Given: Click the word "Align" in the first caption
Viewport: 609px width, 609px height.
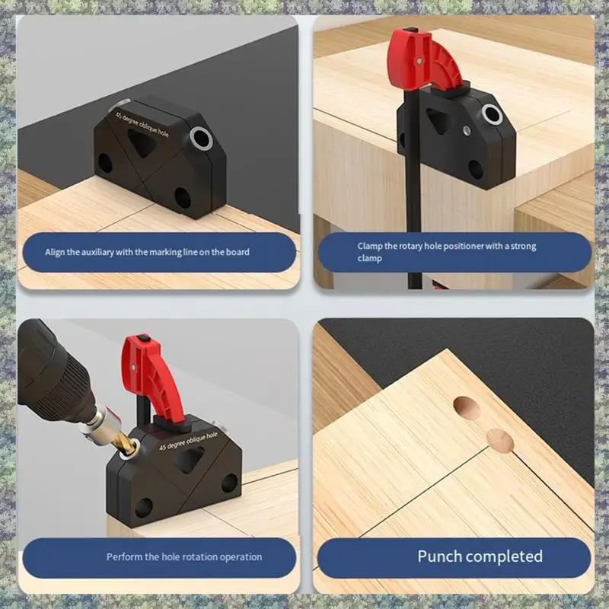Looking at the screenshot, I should click(57, 252).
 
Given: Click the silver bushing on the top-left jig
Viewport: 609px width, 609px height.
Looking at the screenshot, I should click(202, 137).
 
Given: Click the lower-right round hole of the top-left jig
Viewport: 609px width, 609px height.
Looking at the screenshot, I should click(183, 197).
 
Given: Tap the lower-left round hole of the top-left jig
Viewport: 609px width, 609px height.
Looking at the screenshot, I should click(105, 163).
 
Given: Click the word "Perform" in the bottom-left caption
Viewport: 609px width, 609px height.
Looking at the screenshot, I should click(124, 557).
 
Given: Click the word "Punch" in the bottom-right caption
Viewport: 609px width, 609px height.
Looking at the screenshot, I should click(440, 556).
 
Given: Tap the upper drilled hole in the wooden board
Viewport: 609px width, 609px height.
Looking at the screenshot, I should click(467, 409).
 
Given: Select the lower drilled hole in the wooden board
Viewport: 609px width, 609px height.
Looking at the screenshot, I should click(500, 441).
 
